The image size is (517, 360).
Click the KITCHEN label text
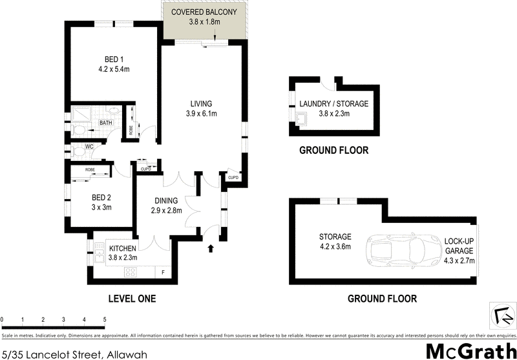[122, 248]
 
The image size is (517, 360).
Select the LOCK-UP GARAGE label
[459, 249]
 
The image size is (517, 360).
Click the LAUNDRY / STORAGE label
[333, 104]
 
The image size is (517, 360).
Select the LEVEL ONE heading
[131, 299]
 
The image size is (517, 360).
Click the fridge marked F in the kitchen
[163, 272]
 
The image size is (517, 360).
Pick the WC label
[90, 147]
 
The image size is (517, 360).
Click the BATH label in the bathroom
[105, 123]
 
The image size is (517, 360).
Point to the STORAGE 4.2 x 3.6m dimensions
[335, 246]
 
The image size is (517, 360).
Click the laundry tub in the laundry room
[301, 118]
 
